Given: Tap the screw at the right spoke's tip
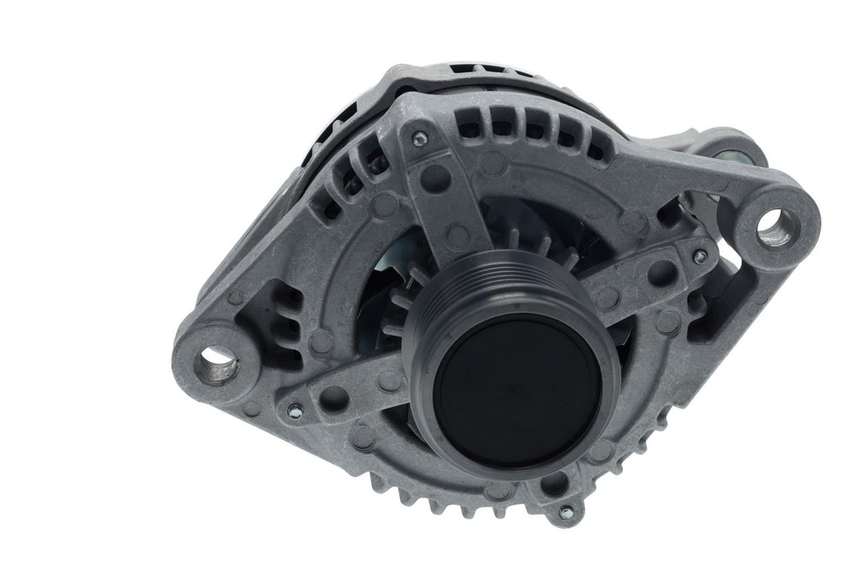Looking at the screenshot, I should click(x=699, y=257).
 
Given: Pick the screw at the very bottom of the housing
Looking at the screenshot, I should click(x=564, y=512).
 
